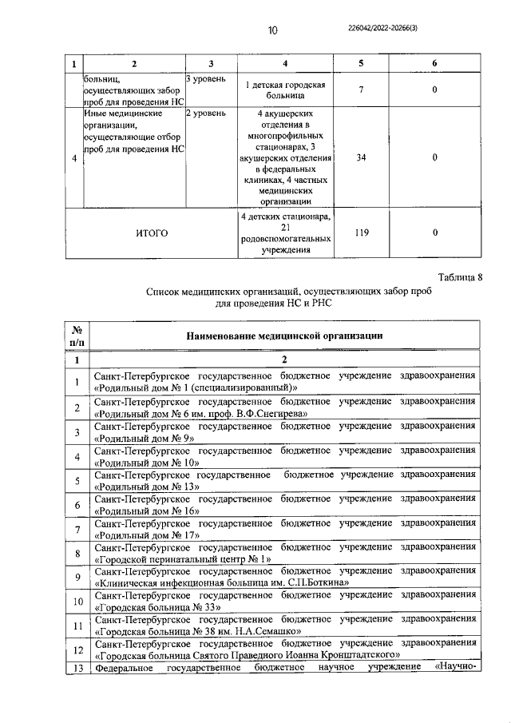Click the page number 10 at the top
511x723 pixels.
click(272, 30)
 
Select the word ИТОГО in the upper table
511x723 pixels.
click(151, 233)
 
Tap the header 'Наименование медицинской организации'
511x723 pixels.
click(283, 336)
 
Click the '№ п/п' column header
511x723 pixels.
click(77, 336)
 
